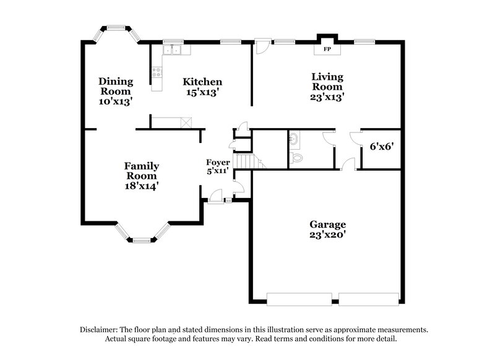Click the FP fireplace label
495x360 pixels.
[x=326, y=48]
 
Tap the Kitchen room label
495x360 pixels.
[x=202, y=82]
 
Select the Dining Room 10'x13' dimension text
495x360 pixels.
[x=116, y=101]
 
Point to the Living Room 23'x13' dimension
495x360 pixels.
[x=327, y=96]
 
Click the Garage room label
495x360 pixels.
[x=328, y=225]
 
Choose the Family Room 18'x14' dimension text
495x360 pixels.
[x=142, y=186]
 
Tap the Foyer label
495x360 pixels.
[x=218, y=163]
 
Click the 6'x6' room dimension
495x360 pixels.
[x=382, y=147]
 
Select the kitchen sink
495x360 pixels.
[x=171, y=49]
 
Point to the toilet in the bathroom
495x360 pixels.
[x=298, y=158]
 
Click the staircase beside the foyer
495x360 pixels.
[x=247, y=161]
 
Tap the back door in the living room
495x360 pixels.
[x=262, y=45]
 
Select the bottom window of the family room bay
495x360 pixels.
[x=141, y=239]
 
